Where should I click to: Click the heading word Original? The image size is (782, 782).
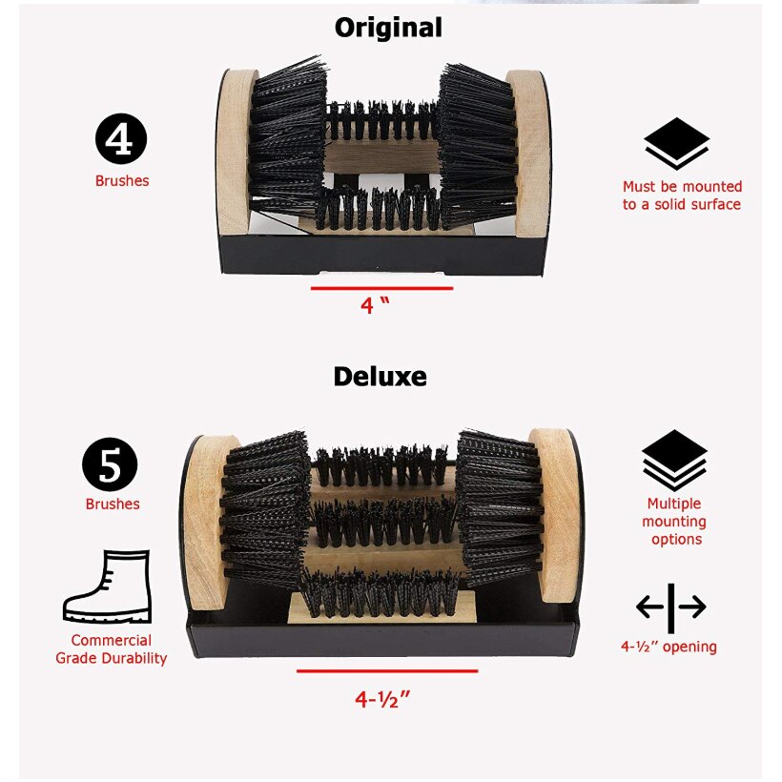[388, 28]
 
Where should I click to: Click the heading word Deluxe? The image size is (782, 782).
[380, 376]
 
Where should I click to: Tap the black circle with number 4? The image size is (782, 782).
[121, 139]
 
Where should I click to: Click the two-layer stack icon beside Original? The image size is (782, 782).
[676, 143]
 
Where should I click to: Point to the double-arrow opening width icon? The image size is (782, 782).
[670, 607]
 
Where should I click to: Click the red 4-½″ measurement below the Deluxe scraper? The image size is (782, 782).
[382, 699]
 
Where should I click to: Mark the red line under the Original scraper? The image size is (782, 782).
[381, 287]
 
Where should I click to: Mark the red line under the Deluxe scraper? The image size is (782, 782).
[386, 671]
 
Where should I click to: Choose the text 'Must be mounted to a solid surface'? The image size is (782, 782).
[682, 195]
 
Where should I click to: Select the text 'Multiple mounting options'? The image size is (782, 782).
[674, 522]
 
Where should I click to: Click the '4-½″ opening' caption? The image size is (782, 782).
[669, 647]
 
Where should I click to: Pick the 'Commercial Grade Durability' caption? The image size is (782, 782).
[111, 649]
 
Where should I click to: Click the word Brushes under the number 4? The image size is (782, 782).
[122, 180]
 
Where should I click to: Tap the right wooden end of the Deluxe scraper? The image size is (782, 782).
[555, 515]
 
